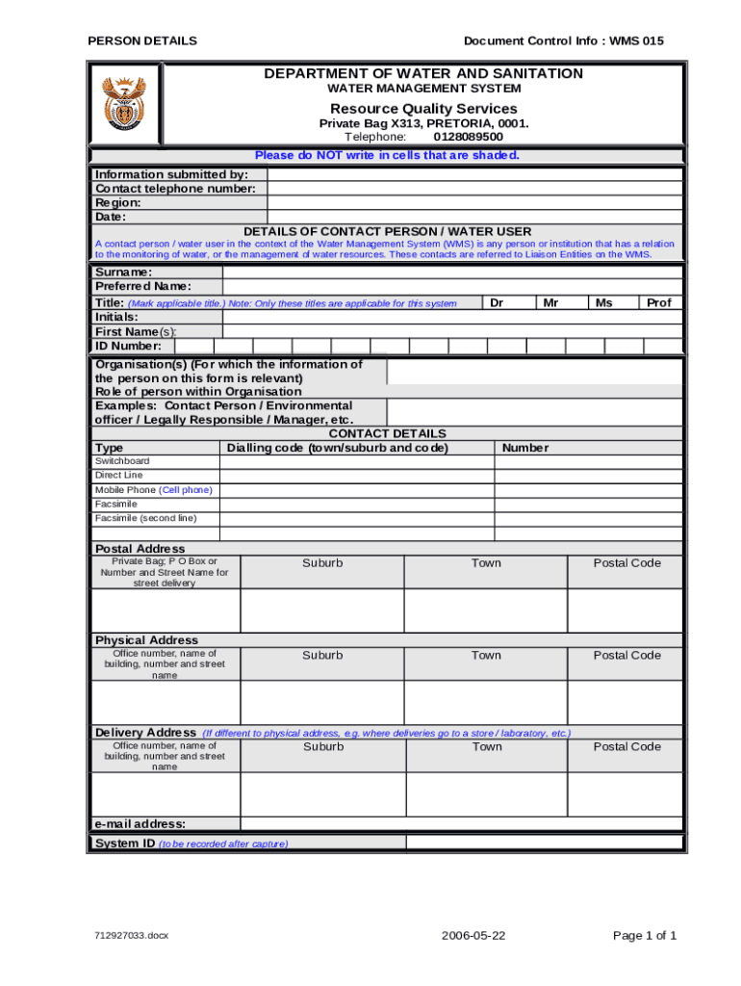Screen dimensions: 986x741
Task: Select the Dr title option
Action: [497, 302]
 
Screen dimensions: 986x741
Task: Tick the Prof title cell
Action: [659, 302]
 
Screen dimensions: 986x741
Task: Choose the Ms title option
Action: [603, 302]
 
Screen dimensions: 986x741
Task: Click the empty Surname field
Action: [452, 272]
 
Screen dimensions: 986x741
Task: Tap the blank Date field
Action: [474, 218]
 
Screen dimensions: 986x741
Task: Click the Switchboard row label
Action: [122, 461]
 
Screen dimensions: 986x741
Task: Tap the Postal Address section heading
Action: [140, 549]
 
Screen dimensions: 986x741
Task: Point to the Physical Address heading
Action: [146, 640]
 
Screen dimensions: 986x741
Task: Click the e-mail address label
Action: [141, 823]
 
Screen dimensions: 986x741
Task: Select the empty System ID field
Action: [544, 843]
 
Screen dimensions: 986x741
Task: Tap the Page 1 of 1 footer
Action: [644, 936]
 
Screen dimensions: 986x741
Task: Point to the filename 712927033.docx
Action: [132, 936]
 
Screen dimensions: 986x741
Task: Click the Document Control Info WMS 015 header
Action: [563, 40]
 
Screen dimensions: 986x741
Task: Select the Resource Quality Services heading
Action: [423, 109]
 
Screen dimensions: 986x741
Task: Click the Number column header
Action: [525, 448]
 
